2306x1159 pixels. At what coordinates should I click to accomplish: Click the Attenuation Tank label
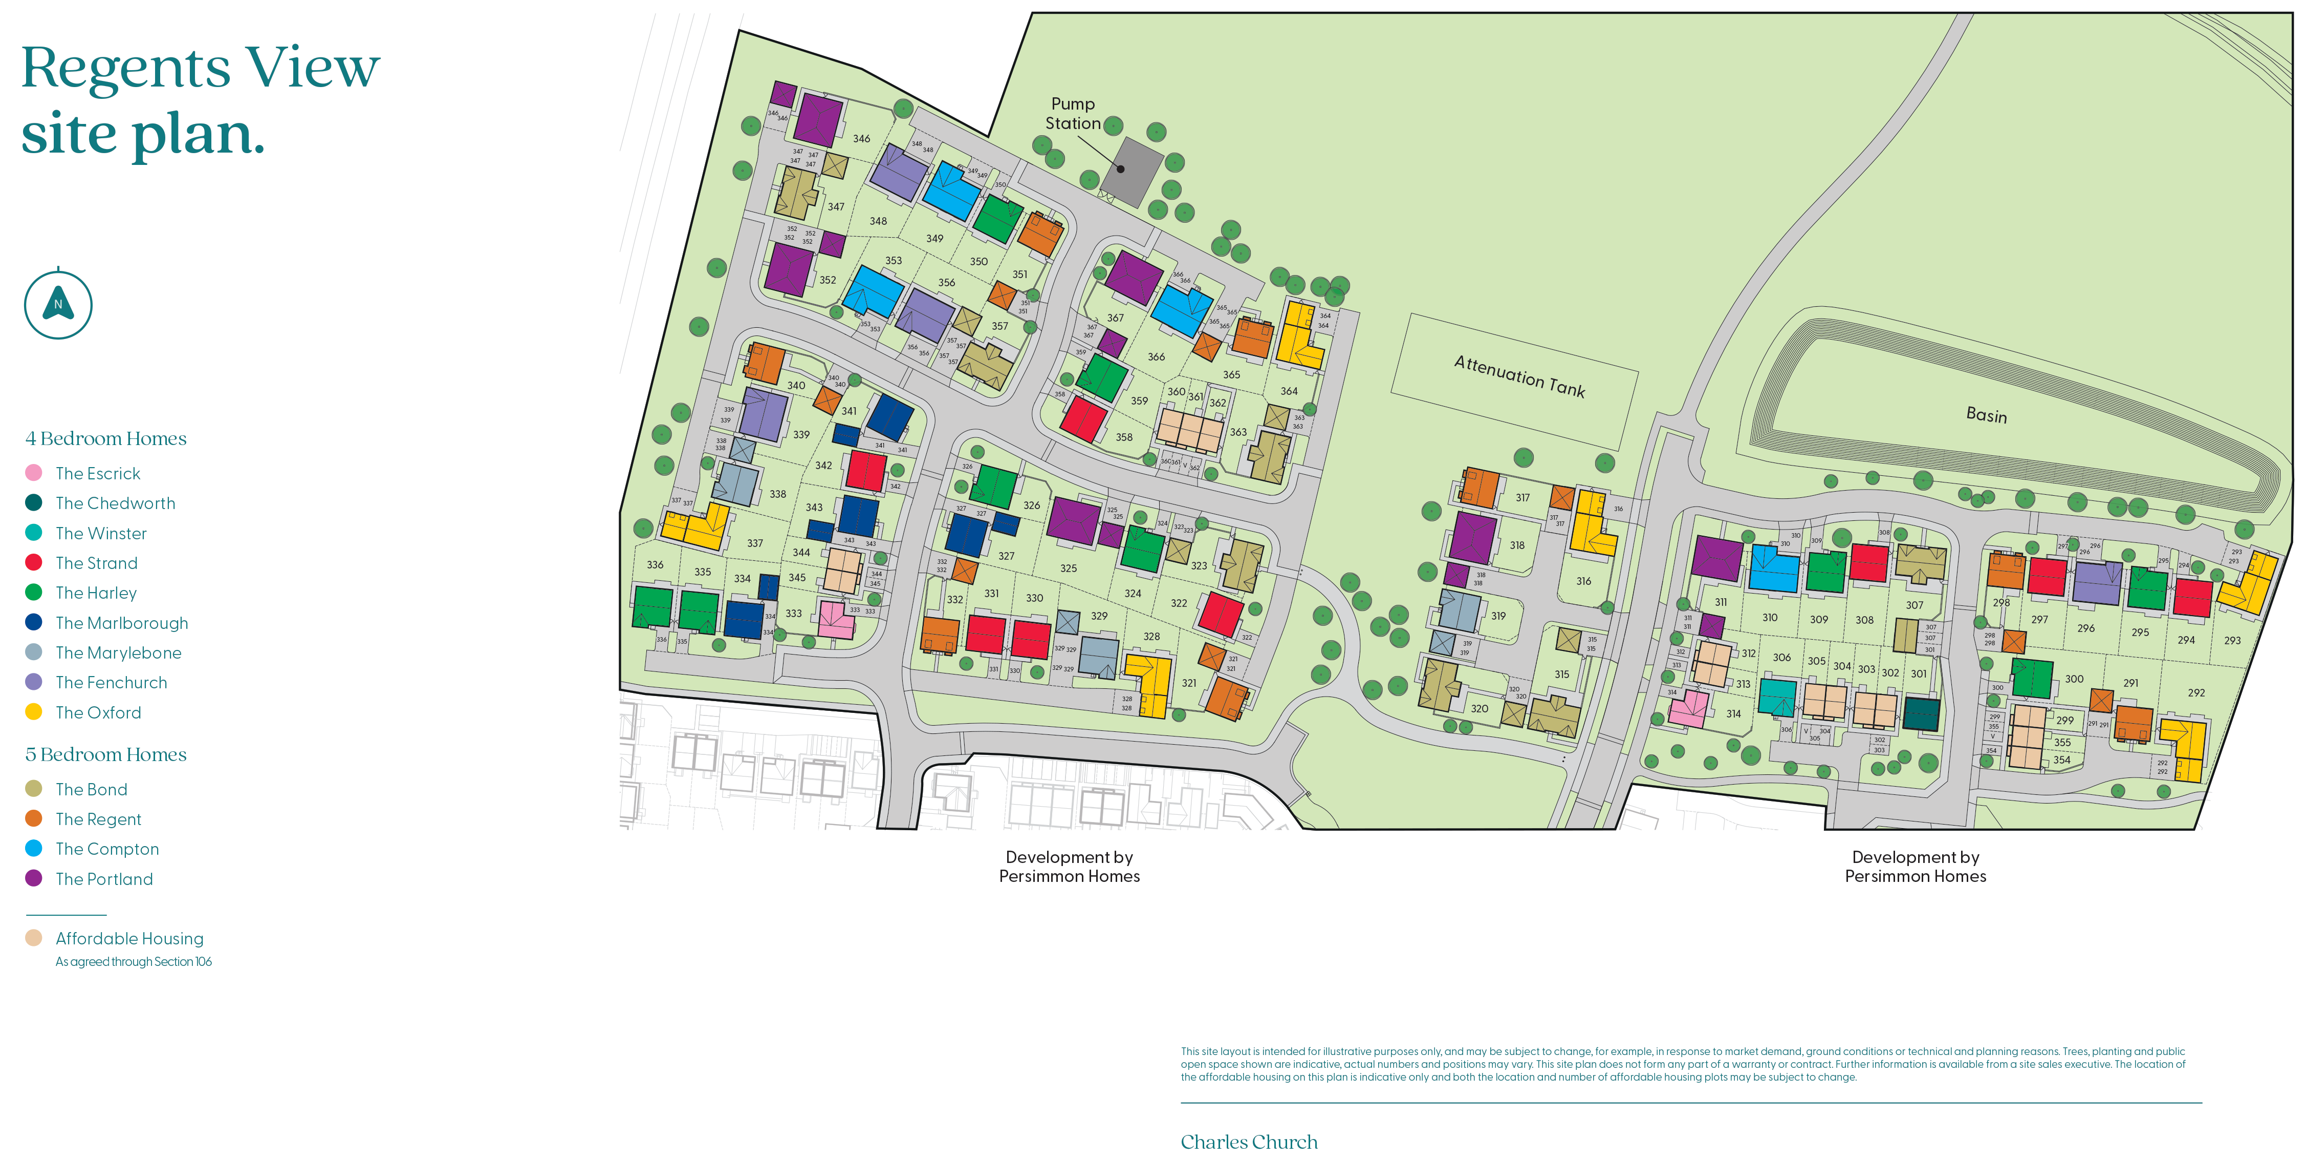1519,375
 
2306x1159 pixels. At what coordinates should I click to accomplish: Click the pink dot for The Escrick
34,473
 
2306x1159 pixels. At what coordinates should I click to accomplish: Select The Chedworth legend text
116,503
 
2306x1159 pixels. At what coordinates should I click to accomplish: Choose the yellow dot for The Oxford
34,712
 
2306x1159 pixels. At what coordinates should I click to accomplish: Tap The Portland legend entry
104,879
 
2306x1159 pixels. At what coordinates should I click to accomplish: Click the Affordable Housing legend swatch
34,938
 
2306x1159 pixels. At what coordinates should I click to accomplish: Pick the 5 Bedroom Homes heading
105,754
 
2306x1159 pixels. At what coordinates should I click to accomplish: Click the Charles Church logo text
1249,1142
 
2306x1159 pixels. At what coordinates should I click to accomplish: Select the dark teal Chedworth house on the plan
1921,714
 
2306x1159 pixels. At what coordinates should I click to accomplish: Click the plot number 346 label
861,139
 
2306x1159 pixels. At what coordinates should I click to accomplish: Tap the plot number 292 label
2196,692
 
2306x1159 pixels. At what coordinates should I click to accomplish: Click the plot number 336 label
655,565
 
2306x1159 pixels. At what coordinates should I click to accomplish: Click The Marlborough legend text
122,622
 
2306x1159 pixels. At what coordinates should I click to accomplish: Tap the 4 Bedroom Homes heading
105,438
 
